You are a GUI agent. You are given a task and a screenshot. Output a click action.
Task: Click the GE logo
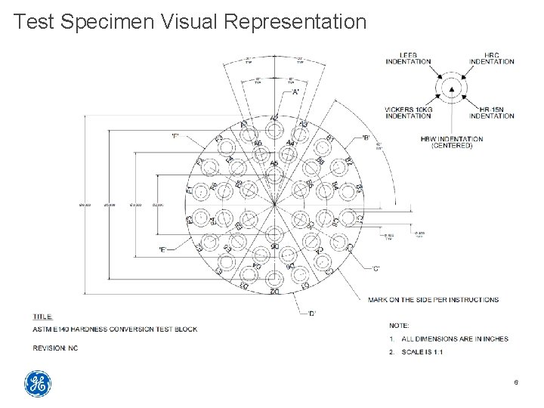click(38, 384)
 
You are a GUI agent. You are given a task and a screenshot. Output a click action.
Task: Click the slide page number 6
click(515, 384)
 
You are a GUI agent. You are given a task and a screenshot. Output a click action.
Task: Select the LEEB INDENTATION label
click(408, 59)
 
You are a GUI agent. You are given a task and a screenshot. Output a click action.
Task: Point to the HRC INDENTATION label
click(491, 59)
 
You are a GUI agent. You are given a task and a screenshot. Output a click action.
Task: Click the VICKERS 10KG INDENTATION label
click(408, 113)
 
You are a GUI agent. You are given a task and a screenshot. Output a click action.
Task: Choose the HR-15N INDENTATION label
click(491, 113)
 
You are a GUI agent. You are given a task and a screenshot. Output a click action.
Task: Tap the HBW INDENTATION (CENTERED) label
click(452, 142)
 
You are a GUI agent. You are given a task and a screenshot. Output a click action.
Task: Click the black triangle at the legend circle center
click(452, 89)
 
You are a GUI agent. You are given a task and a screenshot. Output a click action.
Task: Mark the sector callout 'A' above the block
click(295, 91)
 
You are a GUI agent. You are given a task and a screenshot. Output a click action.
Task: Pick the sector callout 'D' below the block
click(312, 313)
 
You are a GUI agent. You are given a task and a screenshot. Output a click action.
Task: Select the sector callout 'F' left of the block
click(175, 136)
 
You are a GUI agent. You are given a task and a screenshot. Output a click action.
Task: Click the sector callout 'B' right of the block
click(366, 138)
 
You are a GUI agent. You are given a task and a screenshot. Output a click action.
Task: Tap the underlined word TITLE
click(42, 317)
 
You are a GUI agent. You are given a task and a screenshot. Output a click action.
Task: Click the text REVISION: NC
click(55, 348)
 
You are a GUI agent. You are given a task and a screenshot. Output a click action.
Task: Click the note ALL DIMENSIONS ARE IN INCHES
click(455, 338)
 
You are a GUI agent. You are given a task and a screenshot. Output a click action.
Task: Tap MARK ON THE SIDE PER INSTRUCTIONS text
click(433, 299)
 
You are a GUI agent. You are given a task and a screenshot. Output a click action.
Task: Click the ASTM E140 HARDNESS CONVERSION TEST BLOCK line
click(115, 329)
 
